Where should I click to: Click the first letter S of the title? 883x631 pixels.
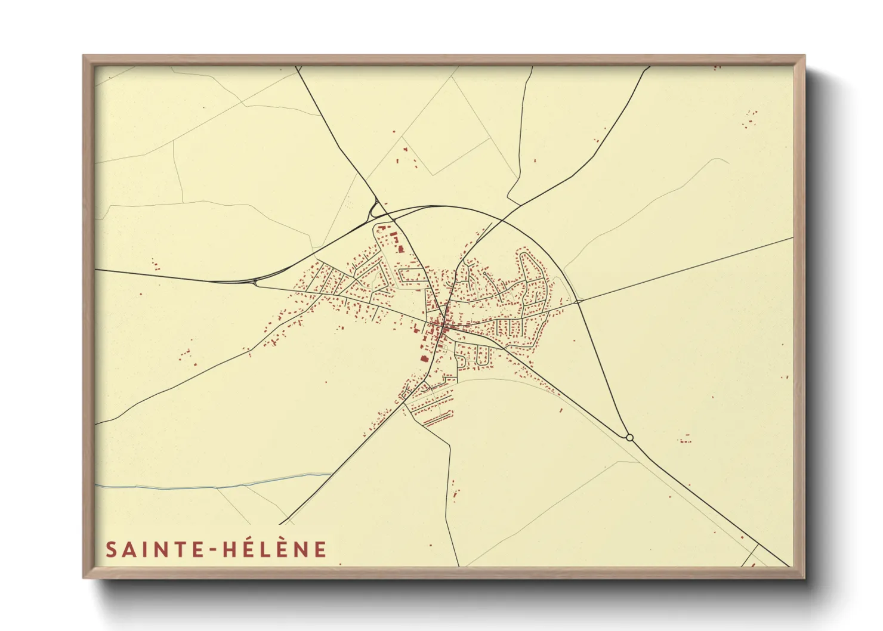tap(111, 549)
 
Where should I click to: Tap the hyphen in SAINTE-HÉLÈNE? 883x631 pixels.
tap(213, 550)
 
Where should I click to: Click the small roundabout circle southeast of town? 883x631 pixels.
tap(629, 438)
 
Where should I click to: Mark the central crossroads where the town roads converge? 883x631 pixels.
tap(445, 326)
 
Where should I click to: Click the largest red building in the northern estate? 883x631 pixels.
tap(393, 237)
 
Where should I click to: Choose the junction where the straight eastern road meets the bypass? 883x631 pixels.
tap(578, 302)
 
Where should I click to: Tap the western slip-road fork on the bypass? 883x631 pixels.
tap(257, 281)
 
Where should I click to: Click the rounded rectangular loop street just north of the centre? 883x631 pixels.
tap(412, 276)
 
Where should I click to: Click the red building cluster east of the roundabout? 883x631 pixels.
tap(684, 440)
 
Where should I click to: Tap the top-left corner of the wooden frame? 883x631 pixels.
tap(85, 57)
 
